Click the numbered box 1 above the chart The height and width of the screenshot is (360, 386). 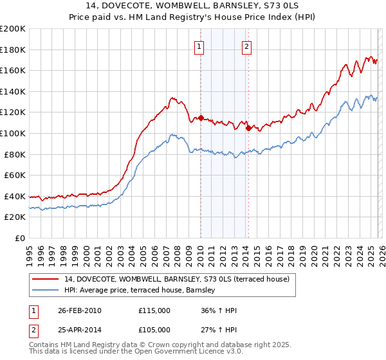(x=199, y=46)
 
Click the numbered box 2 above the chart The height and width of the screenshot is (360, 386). (x=247, y=46)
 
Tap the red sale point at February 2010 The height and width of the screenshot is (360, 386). (x=201, y=118)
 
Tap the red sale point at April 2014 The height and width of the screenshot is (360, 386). (x=248, y=128)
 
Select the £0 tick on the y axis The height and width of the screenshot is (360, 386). (x=21, y=238)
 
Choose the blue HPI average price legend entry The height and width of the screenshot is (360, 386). (x=142, y=291)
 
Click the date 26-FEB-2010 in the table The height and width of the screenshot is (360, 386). (x=79, y=310)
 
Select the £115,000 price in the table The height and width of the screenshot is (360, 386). (x=154, y=310)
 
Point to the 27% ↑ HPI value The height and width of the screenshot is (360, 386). (x=219, y=330)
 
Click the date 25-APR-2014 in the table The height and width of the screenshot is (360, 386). (x=79, y=330)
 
